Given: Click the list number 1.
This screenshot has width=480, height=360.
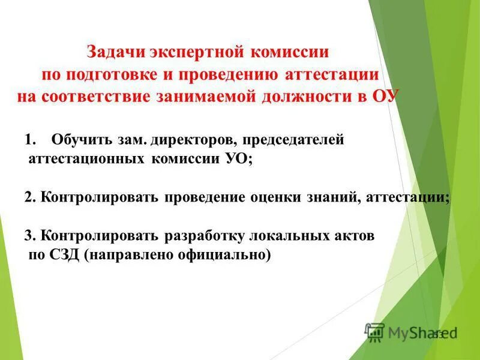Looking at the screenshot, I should click(31, 140).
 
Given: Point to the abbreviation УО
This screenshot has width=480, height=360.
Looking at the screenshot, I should click(235, 160).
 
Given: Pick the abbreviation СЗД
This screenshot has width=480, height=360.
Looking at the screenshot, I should click(62, 255).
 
